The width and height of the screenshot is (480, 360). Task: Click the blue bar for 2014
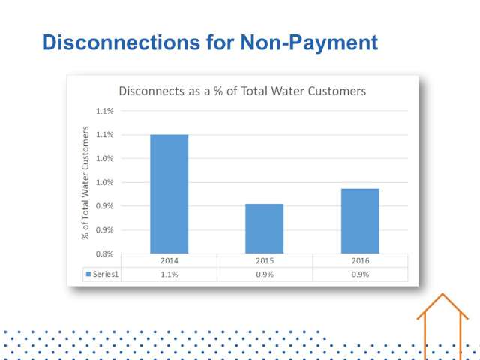click(x=169, y=193)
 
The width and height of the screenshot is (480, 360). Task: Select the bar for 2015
click(x=265, y=228)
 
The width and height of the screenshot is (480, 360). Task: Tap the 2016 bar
click(x=360, y=221)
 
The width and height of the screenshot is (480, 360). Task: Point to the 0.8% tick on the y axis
click(x=104, y=253)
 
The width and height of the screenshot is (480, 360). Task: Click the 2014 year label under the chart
click(x=169, y=260)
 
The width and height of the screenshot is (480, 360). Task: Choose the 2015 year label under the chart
click(x=265, y=260)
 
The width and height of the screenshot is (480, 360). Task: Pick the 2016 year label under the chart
click(x=360, y=260)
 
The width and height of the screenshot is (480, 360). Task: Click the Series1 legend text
click(x=106, y=274)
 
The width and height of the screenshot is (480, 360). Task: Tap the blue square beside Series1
click(x=88, y=274)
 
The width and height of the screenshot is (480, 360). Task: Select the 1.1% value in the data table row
click(x=169, y=274)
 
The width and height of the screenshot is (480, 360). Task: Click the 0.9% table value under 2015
click(x=265, y=274)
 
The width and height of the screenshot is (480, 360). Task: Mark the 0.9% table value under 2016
click(x=360, y=274)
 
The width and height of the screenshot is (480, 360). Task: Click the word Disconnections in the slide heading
click(x=121, y=42)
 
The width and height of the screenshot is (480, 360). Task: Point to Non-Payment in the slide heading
click(x=309, y=43)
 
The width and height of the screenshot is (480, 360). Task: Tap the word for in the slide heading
click(x=220, y=42)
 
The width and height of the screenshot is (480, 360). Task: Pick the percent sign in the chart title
click(x=218, y=91)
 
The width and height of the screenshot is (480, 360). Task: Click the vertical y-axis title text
click(x=85, y=183)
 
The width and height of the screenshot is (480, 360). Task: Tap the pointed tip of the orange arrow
click(x=442, y=294)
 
